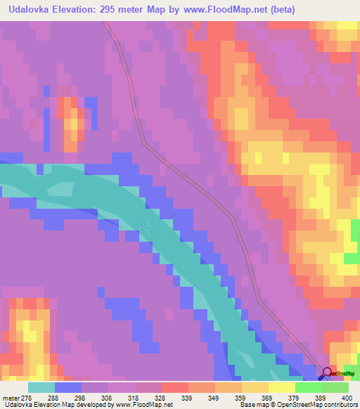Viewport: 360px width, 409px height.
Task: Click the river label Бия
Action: click(x=145, y=229)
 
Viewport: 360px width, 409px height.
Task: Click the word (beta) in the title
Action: click(x=281, y=9)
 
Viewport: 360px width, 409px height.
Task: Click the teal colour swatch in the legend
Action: click(x=41, y=387)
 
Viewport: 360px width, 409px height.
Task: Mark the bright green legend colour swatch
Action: click(x=309, y=387)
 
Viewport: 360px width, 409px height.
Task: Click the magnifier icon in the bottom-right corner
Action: click(x=327, y=373)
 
